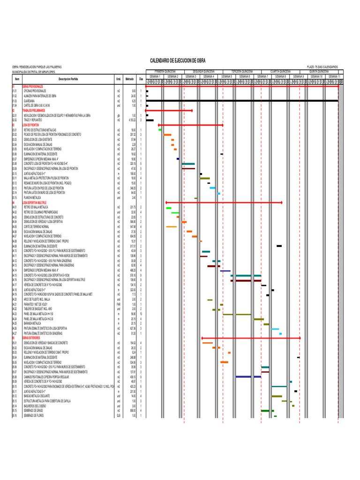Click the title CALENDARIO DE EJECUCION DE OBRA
177,61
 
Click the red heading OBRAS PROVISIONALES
32,87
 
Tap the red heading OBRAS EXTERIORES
29,337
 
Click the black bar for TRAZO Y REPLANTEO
150,120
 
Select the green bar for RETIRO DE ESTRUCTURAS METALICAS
160,129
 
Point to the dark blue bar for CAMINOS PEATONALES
248,376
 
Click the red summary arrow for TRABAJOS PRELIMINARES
169,111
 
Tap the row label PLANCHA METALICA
30,198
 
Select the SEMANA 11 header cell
334,76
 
